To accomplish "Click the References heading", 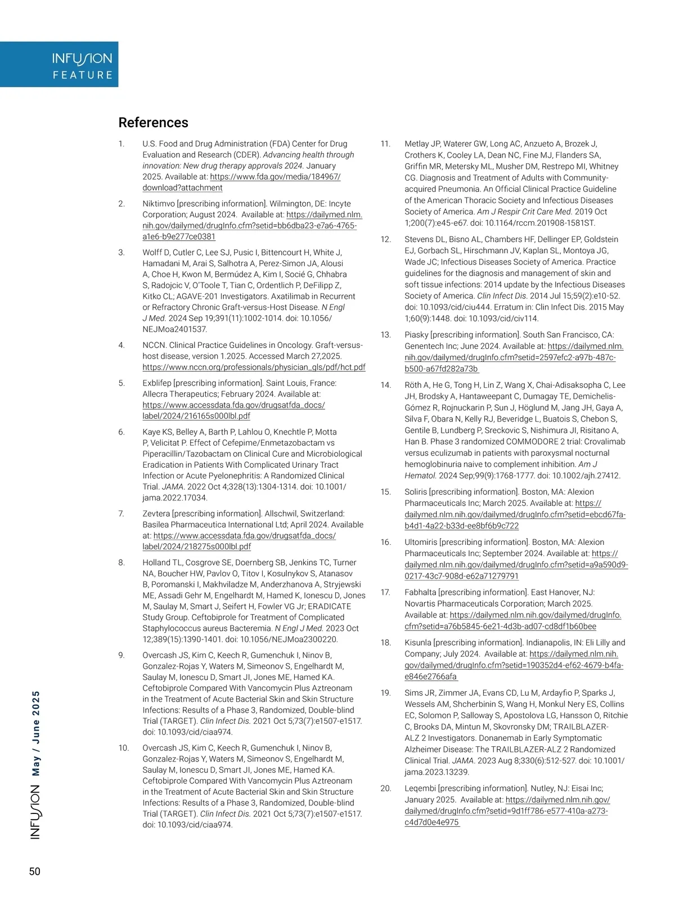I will tap(153, 123).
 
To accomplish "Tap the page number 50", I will tap(35, 871).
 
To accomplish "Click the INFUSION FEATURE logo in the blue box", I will tap(82, 65).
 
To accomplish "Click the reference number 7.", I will tap(121, 513).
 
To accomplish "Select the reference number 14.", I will tap(385, 385).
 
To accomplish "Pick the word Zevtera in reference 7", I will tap(156, 513).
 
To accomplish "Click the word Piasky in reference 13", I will tap(416, 334).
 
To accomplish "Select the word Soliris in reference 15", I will tap(416, 492).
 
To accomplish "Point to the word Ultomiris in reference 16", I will tap(421, 542).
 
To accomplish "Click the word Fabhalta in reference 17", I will tap(420, 592).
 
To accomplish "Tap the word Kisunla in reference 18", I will tap(418, 642).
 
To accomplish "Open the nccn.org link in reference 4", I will tap(254, 367).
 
